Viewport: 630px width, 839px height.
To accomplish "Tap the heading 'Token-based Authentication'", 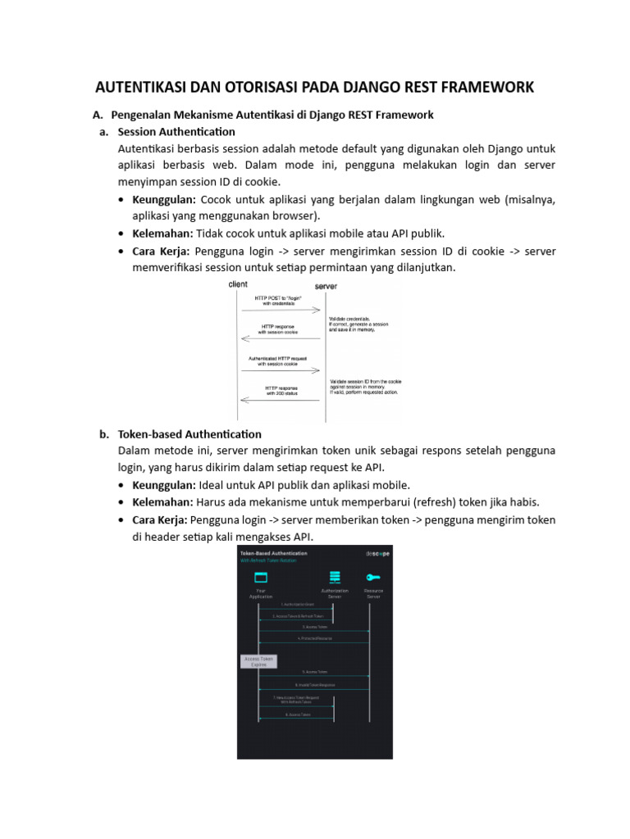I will [189, 433].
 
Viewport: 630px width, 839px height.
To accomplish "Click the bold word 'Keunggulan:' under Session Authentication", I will [164, 200].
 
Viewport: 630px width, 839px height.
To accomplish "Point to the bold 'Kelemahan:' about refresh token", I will [163, 502].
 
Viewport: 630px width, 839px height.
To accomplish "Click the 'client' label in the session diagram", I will [238, 284].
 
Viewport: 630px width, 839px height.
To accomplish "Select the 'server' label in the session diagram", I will [326, 287].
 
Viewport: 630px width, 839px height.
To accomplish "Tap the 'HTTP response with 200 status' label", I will [281, 391].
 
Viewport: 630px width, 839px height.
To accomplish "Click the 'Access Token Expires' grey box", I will [258, 661].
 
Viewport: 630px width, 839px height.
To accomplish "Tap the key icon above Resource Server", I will [373, 578].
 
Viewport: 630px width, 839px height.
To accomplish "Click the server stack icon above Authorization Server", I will [334, 578].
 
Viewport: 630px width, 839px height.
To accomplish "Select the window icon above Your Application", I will [261, 578].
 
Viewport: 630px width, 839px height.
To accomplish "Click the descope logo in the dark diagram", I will [377, 554].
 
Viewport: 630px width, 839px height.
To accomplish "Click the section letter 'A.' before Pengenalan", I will [98, 115].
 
